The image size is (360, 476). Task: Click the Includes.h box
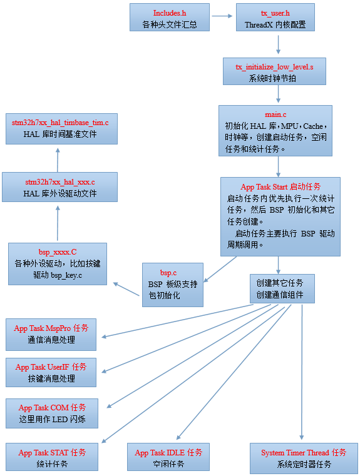click(168, 19)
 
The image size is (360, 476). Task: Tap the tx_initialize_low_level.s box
click(274, 71)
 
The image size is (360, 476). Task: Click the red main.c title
click(275, 114)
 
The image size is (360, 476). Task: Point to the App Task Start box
click(280, 216)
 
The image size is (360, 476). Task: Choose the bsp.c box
click(173, 284)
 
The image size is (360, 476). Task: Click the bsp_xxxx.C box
click(57, 265)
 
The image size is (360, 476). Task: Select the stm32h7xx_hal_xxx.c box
click(59, 187)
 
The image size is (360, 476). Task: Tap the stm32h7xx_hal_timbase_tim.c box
click(60, 128)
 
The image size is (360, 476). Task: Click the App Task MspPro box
click(51, 333)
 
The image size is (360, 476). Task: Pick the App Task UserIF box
click(51, 372)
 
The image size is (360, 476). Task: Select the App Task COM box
click(52, 413)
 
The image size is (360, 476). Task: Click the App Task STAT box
click(52, 458)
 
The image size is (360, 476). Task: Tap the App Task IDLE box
click(168, 458)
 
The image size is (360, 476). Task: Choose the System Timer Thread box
click(304, 458)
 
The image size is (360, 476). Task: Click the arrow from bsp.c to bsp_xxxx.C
click(126, 288)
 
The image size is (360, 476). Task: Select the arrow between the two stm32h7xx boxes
click(57, 158)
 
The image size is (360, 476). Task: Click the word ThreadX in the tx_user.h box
click(258, 25)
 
